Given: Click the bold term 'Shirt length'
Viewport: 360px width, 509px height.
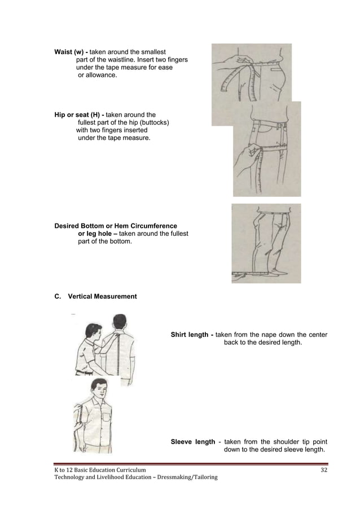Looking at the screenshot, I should coord(190,335).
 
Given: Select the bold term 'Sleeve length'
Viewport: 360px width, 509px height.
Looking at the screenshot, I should coord(192,442).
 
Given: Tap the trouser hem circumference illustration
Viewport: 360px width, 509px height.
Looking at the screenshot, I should coord(266,243).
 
